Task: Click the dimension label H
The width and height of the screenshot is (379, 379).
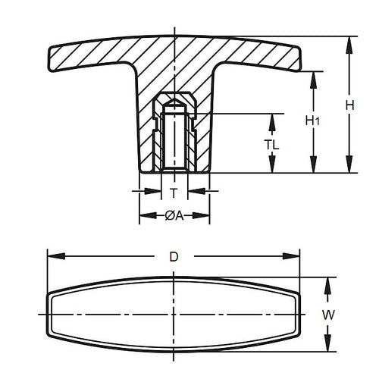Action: click(349, 107)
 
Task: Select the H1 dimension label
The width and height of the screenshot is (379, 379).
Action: click(312, 120)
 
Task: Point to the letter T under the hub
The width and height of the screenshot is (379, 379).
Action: click(174, 193)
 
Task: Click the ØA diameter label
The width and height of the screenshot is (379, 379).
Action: click(174, 216)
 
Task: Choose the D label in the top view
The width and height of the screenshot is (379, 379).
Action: click(174, 257)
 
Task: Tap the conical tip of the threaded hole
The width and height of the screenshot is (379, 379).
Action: click(174, 99)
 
